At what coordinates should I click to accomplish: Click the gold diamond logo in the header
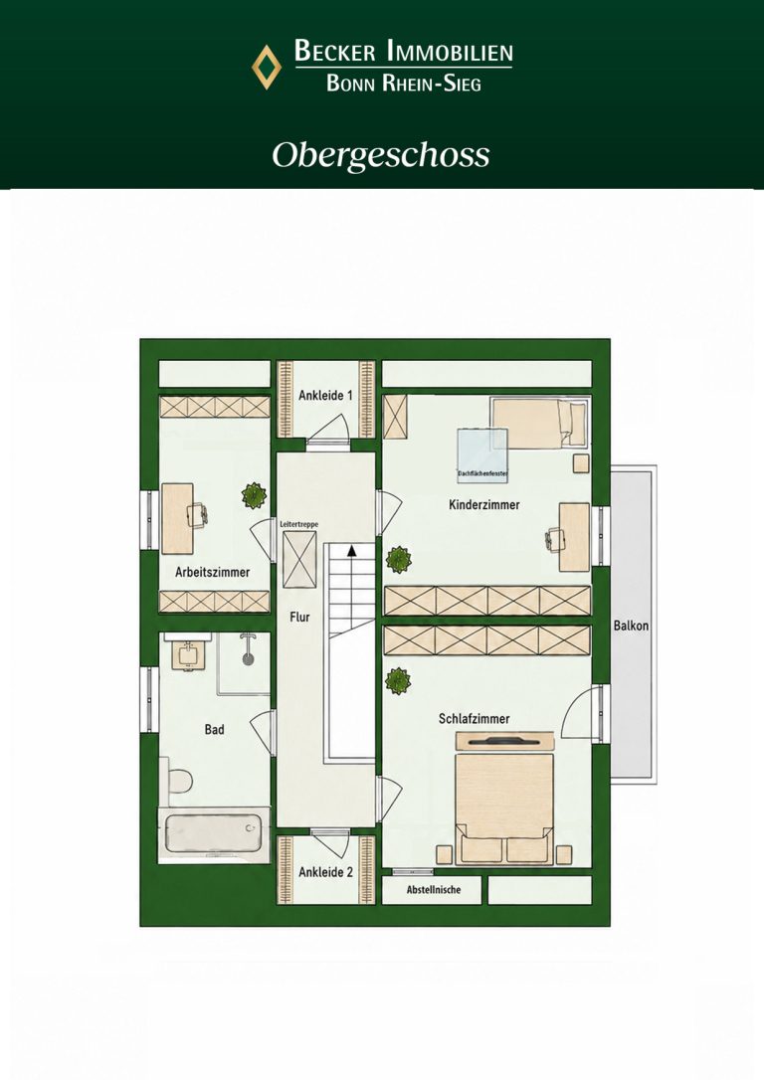[267, 67]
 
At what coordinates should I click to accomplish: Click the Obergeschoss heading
[381, 156]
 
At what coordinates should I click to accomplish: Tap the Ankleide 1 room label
[326, 396]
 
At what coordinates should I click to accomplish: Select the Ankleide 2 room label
[326, 872]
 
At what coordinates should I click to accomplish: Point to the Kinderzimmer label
[484, 505]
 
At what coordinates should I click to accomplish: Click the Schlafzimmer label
[475, 718]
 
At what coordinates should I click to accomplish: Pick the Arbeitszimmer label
[212, 572]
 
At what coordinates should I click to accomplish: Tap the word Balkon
[631, 626]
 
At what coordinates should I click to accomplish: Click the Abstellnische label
[434, 889]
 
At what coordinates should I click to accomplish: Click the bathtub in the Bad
[213, 834]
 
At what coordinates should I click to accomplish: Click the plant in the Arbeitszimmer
[255, 494]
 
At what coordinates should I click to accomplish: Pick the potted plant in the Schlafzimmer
[398, 681]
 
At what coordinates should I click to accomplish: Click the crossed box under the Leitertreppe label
[299, 559]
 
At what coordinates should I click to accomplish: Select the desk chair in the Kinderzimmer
[554, 539]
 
